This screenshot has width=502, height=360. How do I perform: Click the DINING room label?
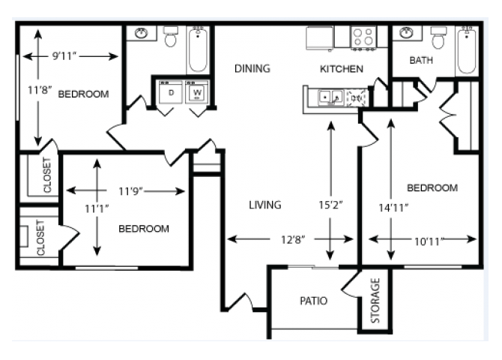(x=252, y=68)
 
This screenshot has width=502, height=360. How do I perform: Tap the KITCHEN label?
(x=342, y=68)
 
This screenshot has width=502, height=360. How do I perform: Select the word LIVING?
(x=265, y=205)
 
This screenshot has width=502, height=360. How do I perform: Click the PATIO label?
(x=313, y=301)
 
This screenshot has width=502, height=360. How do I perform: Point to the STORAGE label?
(x=375, y=300)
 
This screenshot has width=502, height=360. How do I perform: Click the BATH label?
(x=421, y=60)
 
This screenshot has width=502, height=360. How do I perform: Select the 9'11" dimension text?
(x=64, y=56)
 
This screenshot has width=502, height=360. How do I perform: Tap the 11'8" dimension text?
(x=40, y=90)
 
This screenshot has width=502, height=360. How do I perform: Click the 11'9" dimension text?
(x=130, y=191)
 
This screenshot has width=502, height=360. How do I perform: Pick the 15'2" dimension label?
(x=330, y=205)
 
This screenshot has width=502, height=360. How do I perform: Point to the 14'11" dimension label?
(x=393, y=208)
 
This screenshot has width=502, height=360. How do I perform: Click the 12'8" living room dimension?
(x=293, y=239)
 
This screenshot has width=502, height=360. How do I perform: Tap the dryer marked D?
(x=171, y=92)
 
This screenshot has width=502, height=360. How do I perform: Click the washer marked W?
(x=197, y=92)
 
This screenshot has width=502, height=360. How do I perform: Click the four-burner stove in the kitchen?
(x=363, y=37)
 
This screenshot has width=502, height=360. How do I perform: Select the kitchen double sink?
(x=330, y=97)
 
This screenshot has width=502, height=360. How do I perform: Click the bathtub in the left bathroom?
(x=198, y=49)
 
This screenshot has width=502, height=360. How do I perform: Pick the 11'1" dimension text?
(x=97, y=208)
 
